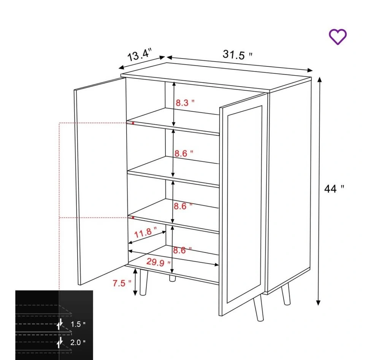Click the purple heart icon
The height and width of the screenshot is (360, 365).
pos(338,37)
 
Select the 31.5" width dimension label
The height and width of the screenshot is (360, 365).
pos(237,55)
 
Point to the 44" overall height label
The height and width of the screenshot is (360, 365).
pos(334,189)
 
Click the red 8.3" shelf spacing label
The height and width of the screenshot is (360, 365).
pos(185,103)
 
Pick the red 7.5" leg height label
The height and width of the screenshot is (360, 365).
pos(122,283)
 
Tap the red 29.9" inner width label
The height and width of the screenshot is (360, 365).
pos(158,262)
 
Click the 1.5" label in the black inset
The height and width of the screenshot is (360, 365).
pos(78,324)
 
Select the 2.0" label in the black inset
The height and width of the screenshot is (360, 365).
pos(78,342)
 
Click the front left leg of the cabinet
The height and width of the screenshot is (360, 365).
pos(144,283)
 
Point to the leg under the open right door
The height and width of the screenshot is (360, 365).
pos(259,308)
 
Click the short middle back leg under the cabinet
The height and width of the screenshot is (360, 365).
pos(172,278)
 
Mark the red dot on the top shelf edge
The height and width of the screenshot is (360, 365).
pos(133,123)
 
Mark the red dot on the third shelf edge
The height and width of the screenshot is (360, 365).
pos(133,218)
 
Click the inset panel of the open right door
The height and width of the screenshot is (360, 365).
pos(244,204)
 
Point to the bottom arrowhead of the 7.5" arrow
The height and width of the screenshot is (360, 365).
pos(135,293)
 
